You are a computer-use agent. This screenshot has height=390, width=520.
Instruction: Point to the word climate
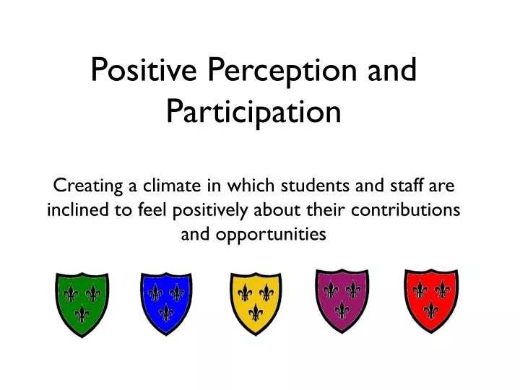[x=171, y=186]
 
